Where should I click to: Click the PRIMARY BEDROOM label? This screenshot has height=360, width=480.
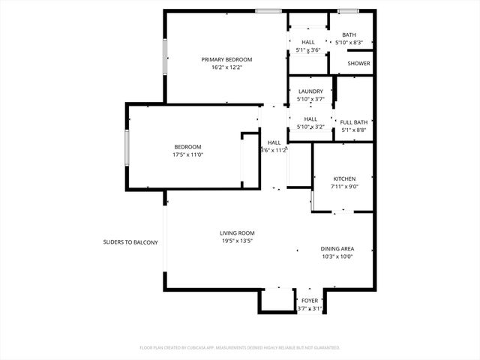coord(226,59)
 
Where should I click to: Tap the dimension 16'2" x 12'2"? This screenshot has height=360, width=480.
coord(226,67)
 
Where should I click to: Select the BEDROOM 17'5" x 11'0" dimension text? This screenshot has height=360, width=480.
coord(187,154)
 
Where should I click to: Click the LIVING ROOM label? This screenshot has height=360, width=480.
coord(237,233)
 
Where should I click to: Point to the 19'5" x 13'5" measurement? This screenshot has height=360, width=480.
coord(237,241)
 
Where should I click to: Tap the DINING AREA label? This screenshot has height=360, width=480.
coord(337,249)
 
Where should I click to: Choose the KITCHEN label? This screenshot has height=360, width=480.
coord(344,178)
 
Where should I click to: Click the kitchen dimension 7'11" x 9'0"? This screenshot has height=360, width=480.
coord(344,186)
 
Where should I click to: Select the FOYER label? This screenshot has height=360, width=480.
coord(309,301)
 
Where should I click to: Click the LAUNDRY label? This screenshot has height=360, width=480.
coord(310,91)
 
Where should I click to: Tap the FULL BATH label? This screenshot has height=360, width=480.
coord(354,122)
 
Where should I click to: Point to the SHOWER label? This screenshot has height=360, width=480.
coord(359,64)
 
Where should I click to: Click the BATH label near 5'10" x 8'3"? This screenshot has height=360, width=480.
coord(349,34)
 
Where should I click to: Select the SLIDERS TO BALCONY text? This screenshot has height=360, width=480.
coord(130,242)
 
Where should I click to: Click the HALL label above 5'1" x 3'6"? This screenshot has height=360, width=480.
coord(308,42)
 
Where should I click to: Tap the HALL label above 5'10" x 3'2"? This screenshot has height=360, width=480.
coord(310,118)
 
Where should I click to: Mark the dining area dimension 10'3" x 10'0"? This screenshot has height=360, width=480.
coord(337,256)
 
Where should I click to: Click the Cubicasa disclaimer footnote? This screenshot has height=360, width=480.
coord(240,348)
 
